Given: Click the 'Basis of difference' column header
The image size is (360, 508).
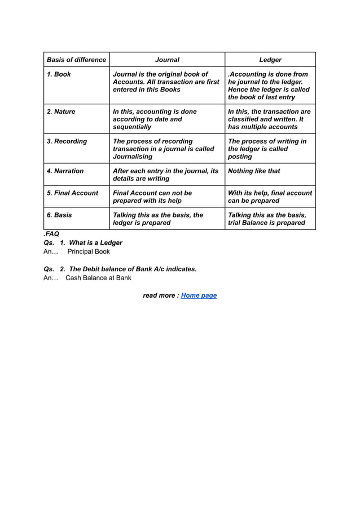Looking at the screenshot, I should pos(76,60).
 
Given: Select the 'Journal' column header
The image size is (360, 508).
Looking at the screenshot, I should pos(167,60).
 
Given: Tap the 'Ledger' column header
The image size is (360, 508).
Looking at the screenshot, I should pos(270,60).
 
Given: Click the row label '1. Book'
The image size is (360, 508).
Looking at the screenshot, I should pos(59,74).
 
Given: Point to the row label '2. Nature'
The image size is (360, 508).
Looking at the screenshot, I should pos(61,112).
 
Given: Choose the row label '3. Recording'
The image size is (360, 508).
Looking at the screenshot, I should pos(67,142).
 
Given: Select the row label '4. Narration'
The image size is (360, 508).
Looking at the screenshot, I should pos(65,171).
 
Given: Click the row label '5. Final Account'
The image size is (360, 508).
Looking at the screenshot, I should pos(72,193).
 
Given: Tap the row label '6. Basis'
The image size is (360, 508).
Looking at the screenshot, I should pos(59,215).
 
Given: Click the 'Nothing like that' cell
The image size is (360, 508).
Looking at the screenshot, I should pos(254,171).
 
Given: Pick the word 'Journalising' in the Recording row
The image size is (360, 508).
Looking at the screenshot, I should pos(133,157).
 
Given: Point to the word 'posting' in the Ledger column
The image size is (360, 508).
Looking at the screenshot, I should pos(240,157).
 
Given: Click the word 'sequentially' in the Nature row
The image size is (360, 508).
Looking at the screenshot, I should pos(132,127).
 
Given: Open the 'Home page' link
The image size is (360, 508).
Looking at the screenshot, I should pos(199,295).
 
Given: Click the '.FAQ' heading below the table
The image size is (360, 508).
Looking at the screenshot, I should pos(51,233).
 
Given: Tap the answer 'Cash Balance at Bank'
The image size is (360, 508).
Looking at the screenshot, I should pos(98,278).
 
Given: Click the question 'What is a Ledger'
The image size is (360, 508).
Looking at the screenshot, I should pos(95,242).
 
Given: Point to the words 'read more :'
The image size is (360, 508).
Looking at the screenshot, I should pos(161,295).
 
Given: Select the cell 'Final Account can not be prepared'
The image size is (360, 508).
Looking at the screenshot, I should pos(152,197).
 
